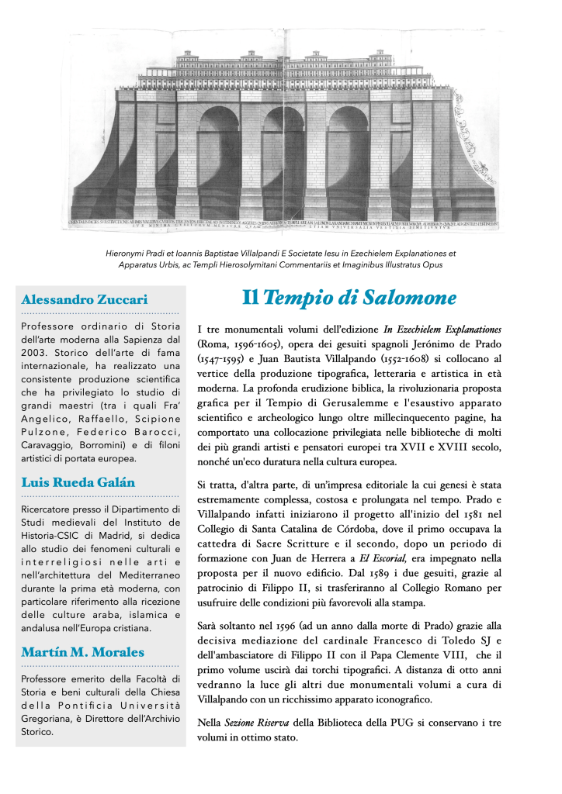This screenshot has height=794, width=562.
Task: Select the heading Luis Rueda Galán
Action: pyautogui.click(x=78, y=482)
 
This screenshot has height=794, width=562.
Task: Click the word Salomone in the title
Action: pyautogui.click(x=408, y=298)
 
